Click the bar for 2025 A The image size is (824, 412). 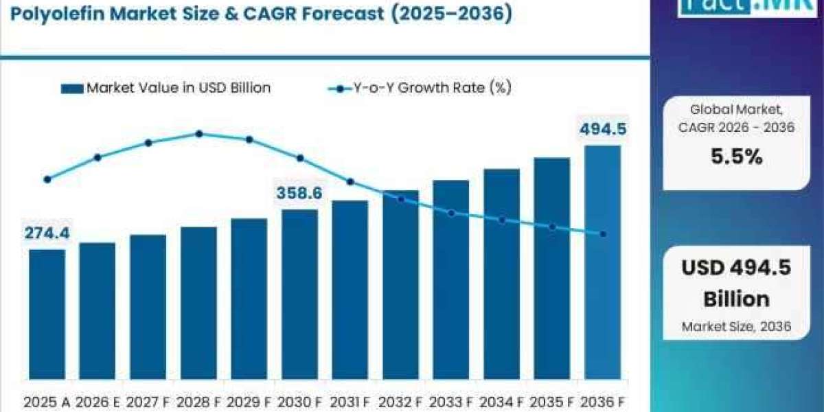point(47,314)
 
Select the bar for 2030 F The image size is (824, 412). point(300,295)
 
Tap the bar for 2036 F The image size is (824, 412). point(603,262)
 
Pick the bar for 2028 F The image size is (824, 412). point(198,303)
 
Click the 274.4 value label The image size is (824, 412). point(47,233)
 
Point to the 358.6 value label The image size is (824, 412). point(299,193)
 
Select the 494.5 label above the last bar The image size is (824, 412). point(604,129)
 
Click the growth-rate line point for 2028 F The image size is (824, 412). point(199,134)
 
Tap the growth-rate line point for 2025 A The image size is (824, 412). point(47,179)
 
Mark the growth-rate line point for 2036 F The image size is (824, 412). point(603,234)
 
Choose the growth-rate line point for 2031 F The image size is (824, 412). point(350,182)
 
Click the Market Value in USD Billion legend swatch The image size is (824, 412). point(72,89)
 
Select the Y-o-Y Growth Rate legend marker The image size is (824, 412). point(340,89)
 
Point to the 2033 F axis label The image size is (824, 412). point(451,402)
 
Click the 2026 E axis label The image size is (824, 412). point(98,402)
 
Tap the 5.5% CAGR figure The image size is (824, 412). point(736,157)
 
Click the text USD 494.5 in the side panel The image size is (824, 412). point(736,267)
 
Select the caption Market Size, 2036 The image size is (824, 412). point(736,326)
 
